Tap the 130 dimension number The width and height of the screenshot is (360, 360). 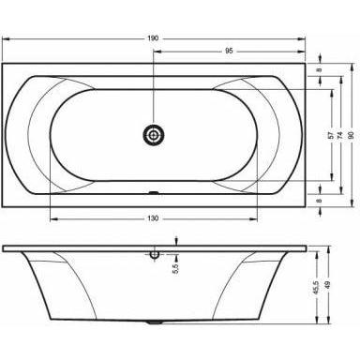(x=153, y=217)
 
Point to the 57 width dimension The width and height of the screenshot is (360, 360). (x=330, y=135)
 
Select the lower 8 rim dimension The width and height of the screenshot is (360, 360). (x=319, y=200)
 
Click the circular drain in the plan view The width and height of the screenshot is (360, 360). (x=154, y=136)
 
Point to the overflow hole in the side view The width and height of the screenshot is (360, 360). (x=154, y=253)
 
